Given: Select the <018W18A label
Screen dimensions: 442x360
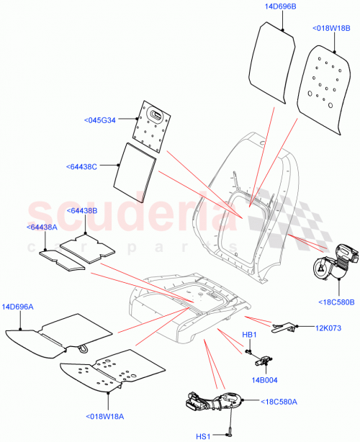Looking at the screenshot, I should point(107,416).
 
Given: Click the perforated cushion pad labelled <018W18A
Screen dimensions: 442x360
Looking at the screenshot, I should point(101,372).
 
